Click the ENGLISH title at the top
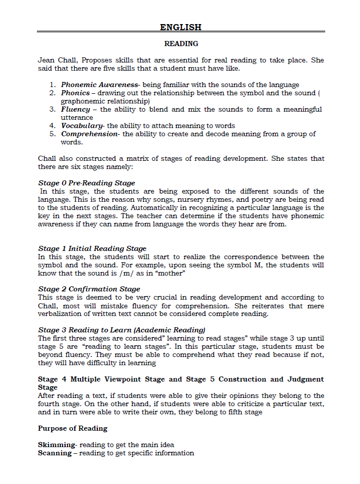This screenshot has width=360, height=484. (181, 27)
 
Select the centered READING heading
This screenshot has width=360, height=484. (181, 44)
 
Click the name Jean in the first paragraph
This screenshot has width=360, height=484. (46, 60)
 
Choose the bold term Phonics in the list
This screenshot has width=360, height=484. (75, 93)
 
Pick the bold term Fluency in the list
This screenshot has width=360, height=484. (76, 110)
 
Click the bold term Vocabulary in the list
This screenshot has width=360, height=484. (82, 126)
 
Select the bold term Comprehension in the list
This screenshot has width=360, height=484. (89, 134)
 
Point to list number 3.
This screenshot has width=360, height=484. (52, 110)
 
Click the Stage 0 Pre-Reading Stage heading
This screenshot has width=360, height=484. (87, 183)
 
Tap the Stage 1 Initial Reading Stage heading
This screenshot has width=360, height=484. (92, 249)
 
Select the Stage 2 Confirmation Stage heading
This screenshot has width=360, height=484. (89, 289)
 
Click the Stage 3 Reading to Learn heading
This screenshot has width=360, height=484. (121, 330)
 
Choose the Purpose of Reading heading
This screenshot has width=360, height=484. (72, 428)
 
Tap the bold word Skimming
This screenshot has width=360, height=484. (56, 445)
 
